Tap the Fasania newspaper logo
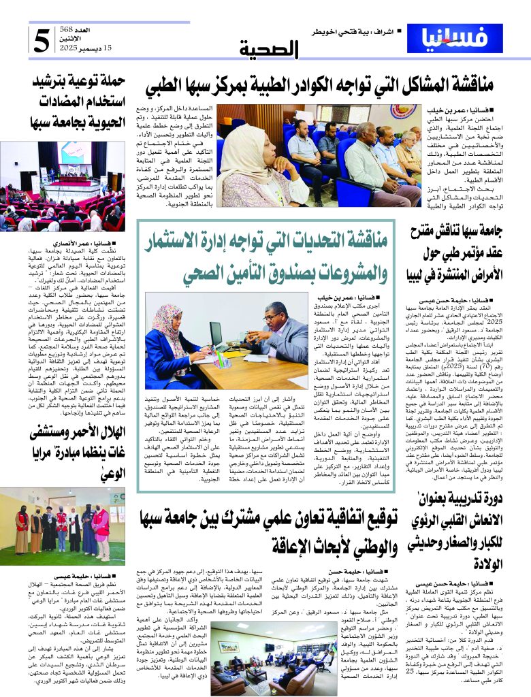(x=462, y=39)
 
